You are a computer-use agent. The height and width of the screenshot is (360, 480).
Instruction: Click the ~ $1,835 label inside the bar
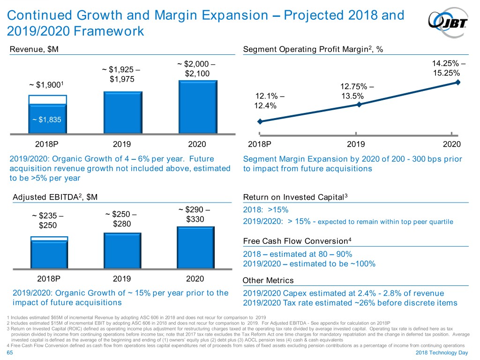47,119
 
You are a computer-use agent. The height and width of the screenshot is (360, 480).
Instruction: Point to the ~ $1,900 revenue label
46,85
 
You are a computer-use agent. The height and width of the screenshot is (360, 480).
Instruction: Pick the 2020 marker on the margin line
458,82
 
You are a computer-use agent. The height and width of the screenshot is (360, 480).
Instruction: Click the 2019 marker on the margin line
359,104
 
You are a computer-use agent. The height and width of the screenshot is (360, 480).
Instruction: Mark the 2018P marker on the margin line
260,121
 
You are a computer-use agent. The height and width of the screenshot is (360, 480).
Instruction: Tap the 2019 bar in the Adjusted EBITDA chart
122,251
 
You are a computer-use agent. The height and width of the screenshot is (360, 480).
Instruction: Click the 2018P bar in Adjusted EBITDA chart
49,254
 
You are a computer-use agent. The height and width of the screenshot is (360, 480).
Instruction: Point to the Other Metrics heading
268,280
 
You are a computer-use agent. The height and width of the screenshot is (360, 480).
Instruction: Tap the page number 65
11,352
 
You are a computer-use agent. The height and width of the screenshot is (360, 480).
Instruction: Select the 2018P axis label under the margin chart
259,144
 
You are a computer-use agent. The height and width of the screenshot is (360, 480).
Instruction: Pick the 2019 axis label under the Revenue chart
122,144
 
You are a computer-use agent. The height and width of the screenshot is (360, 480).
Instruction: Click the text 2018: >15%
266,210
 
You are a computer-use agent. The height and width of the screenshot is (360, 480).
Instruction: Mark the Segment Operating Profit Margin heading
313,50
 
